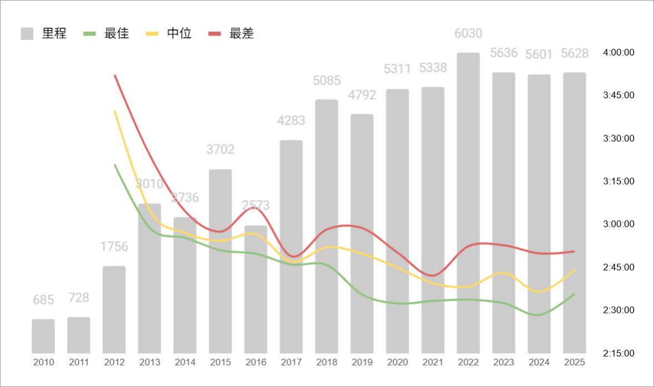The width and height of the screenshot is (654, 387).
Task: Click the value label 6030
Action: pyautogui.click(x=468, y=33)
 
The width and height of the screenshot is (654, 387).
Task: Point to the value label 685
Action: pyautogui.click(x=43, y=300)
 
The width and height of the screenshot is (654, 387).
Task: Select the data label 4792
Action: pyautogui.click(x=361, y=94)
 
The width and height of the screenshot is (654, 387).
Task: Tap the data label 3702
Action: pyautogui.click(x=220, y=149)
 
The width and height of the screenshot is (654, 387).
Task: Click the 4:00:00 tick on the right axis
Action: pyautogui.click(x=618, y=52)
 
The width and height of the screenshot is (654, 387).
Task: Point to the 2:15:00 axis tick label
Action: pyautogui.click(x=618, y=353)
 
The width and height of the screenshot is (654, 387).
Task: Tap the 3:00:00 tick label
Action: pyautogui.click(x=618, y=224)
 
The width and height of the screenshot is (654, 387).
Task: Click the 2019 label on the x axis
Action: pyautogui.click(x=361, y=363)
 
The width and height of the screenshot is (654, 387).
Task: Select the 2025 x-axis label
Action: pyautogui.click(x=574, y=363)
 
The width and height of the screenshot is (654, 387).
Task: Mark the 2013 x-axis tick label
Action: pyautogui.click(x=149, y=363)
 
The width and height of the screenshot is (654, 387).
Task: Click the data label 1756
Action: pyautogui.click(x=114, y=246)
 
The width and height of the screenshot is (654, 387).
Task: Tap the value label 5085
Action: pyautogui.click(x=326, y=80)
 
